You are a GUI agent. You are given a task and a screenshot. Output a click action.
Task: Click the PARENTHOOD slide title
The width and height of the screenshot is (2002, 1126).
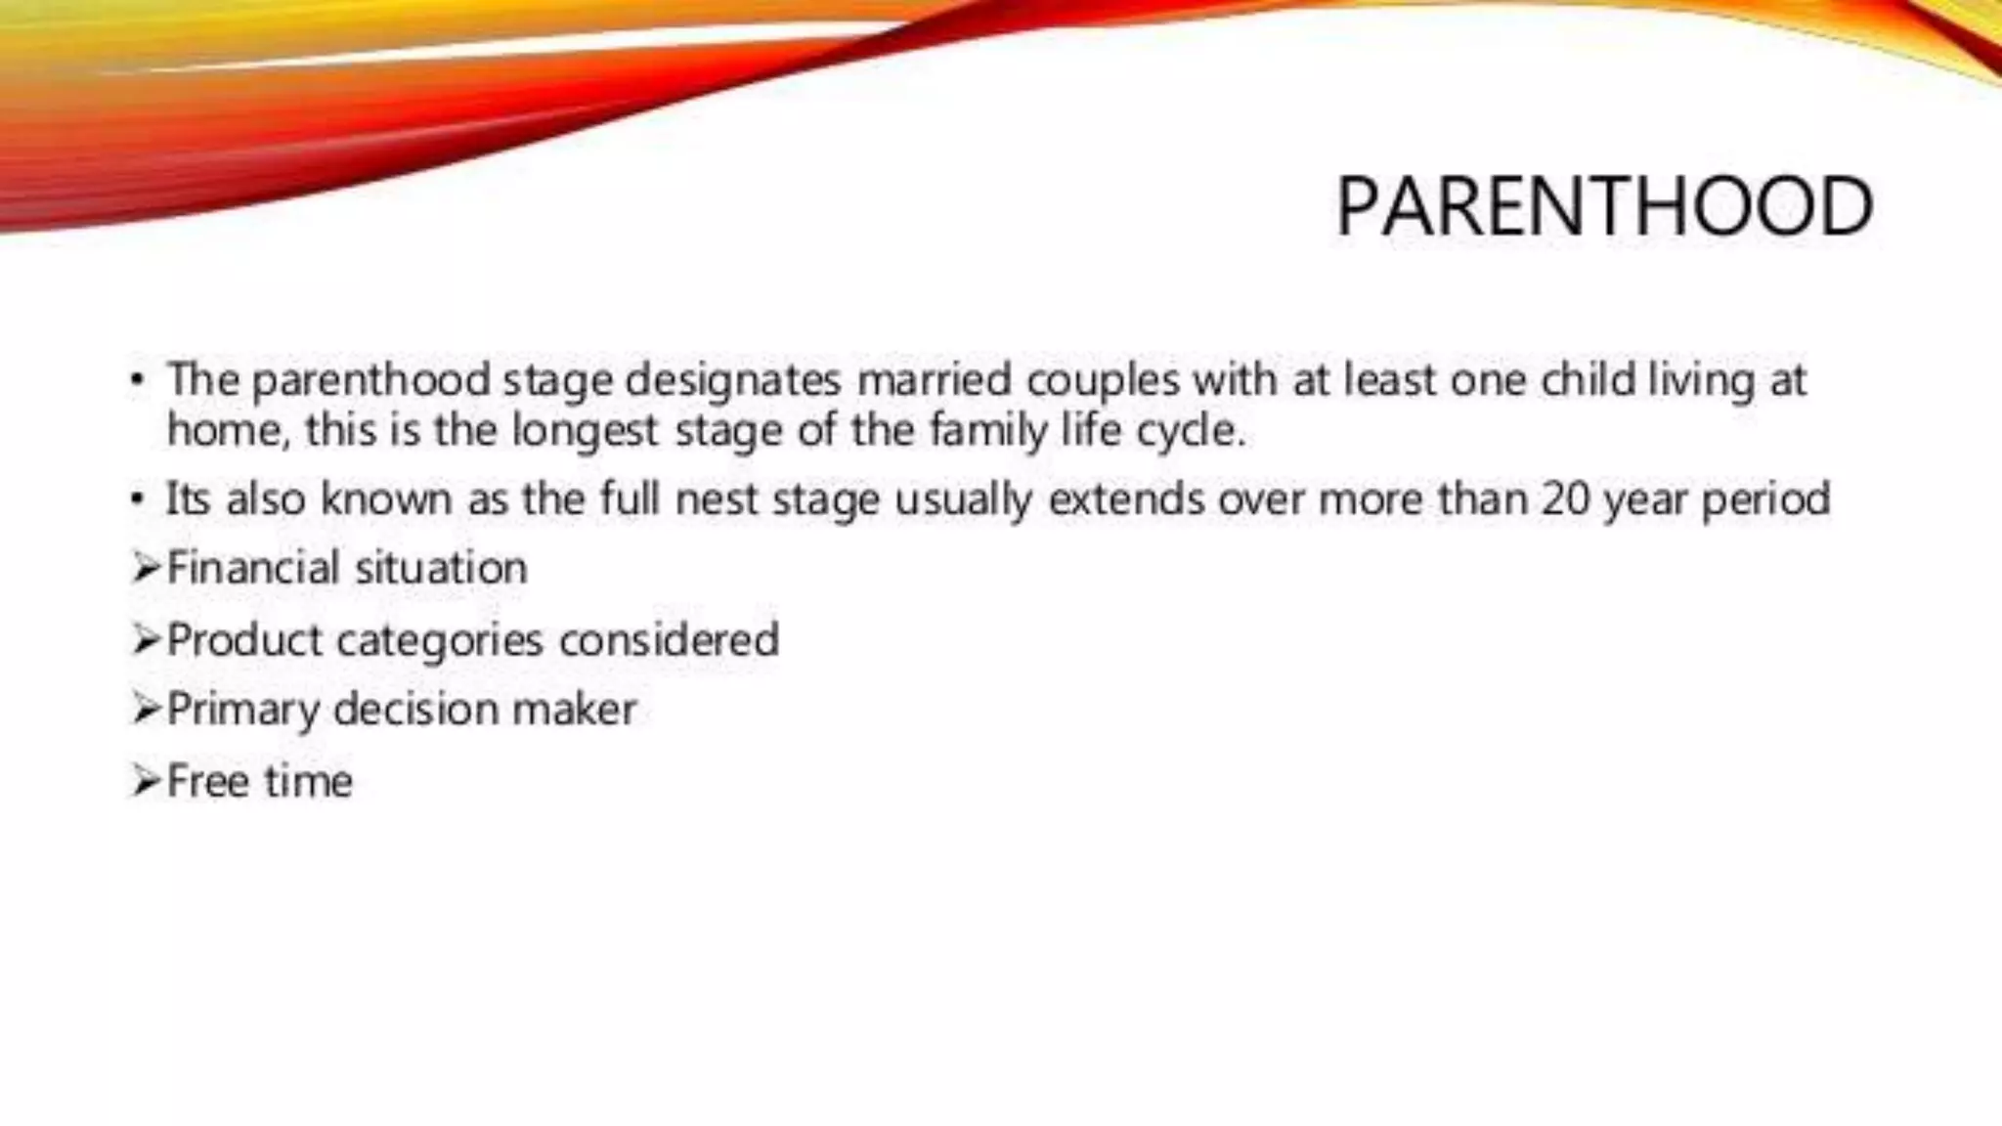coord(1603,207)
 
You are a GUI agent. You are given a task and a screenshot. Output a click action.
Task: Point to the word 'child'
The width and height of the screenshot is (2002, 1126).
coord(1588,380)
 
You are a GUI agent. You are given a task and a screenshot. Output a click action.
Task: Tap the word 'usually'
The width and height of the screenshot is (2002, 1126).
coord(963,500)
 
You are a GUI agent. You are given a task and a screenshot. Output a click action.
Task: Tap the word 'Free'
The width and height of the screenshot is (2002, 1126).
coord(207,781)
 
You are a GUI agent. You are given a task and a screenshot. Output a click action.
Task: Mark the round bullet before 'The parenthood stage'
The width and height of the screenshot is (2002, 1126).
coord(138,381)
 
